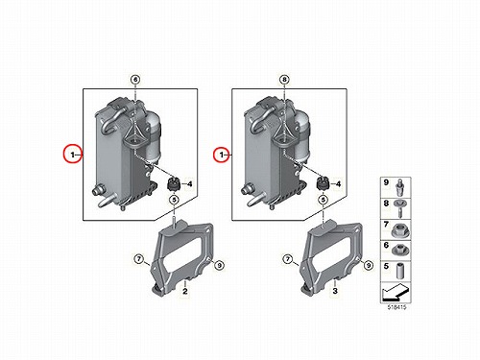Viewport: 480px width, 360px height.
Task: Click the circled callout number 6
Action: (x=135, y=80)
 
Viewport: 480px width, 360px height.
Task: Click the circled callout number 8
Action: (x=285, y=80)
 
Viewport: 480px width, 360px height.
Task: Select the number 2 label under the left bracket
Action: (x=185, y=291)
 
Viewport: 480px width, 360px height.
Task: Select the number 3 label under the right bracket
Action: (x=335, y=291)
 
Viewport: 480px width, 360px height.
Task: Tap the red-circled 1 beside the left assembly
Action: (x=72, y=155)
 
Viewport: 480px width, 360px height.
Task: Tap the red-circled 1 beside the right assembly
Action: (x=222, y=155)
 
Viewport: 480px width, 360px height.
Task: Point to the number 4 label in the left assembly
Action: (x=190, y=184)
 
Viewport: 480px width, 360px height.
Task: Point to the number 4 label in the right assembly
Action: (x=339, y=184)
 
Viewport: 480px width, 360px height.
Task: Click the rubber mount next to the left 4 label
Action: (x=174, y=184)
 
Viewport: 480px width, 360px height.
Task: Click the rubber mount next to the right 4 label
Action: (x=323, y=184)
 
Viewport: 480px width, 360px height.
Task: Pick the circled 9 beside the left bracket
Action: (x=219, y=265)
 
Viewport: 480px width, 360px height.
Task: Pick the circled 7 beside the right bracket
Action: (x=288, y=259)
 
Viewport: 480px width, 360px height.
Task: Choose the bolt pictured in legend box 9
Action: (x=399, y=188)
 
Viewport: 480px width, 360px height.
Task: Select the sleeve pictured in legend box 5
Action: (x=399, y=271)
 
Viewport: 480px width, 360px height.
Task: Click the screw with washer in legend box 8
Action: (x=399, y=208)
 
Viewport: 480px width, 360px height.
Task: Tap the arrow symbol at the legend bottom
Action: (x=396, y=292)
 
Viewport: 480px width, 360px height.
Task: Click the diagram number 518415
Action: (x=396, y=307)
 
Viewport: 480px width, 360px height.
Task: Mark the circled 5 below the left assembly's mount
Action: (x=174, y=200)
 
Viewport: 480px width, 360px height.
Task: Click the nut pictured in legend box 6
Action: (x=400, y=250)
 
